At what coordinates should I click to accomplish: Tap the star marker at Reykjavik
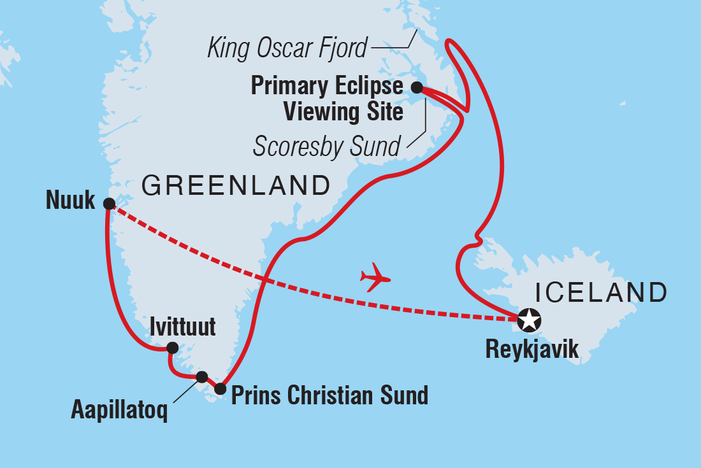(x=528, y=320)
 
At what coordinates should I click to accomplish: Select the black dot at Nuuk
(x=109, y=204)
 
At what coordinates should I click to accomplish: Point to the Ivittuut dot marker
(x=171, y=348)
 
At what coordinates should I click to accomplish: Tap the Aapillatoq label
(x=119, y=411)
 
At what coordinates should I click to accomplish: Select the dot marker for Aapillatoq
(x=202, y=376)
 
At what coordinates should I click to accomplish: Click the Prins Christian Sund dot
(x=220, y=388)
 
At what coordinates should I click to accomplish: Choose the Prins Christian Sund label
(x=329, y=395)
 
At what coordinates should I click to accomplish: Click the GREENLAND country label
(x=236, y=186)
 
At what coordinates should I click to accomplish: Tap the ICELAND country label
(x=601, y=293)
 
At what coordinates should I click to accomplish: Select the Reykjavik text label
(x=532, y=349)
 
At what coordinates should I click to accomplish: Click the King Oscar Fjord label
(x=287, y=48)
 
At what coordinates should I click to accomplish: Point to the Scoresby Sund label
(x=326, y=146)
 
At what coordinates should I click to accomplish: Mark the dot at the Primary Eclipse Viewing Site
(x=416, y=87)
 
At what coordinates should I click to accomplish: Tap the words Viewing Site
(x=343, y=113)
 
